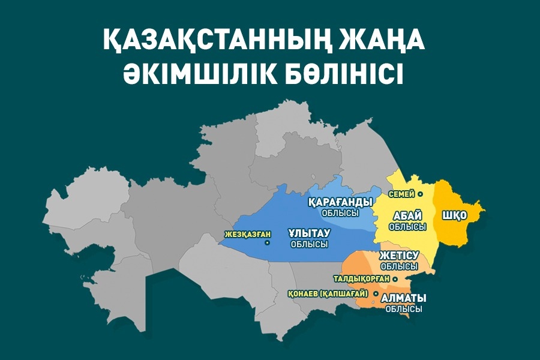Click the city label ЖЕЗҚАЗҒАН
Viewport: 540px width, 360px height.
(244, 234)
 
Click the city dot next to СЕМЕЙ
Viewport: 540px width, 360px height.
(421, 194)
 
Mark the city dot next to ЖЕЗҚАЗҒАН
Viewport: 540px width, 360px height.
(267, 243)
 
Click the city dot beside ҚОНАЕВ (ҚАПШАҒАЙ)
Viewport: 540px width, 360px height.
(375, 294)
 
